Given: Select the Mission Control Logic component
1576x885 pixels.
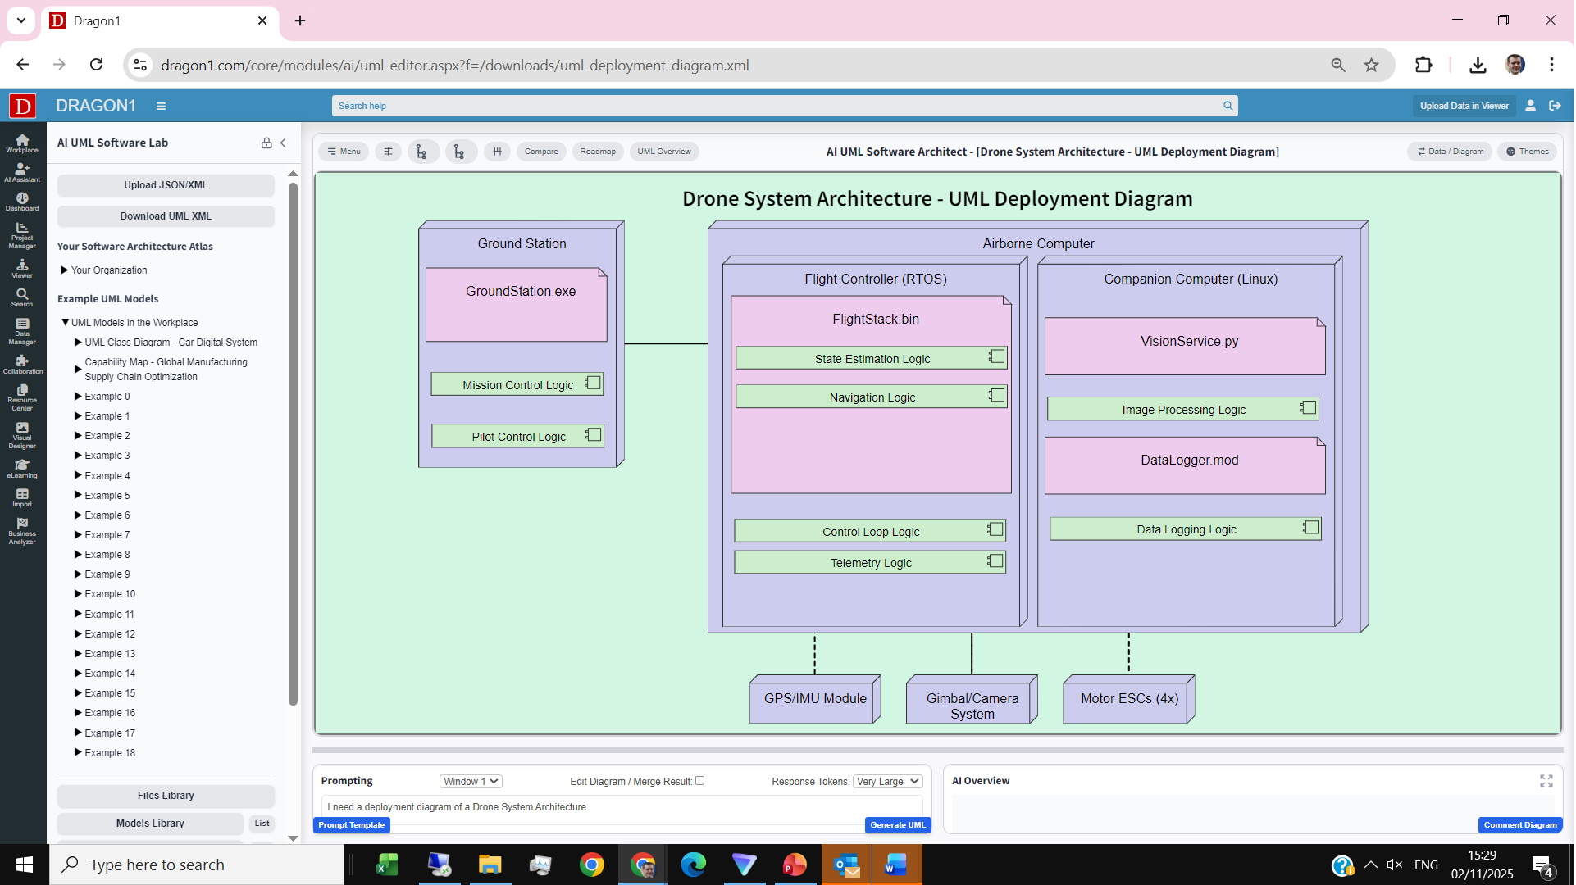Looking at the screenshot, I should coord(517,384).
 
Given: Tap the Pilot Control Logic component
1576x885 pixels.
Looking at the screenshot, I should coord(518,436).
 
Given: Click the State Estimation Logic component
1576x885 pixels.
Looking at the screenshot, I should coord(871,358).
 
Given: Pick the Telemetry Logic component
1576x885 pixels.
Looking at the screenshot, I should coord(870,562).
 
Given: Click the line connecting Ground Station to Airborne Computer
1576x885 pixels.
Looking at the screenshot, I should coord(666,343).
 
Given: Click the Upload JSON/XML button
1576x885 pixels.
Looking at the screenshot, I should coord(166,185).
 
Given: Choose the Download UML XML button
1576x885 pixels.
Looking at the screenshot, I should coord(166,216).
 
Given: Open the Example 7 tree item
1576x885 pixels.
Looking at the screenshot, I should coord(107,535).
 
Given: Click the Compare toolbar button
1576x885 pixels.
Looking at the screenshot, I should coord(541,152).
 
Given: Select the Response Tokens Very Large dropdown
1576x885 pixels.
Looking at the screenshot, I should coord(887,782).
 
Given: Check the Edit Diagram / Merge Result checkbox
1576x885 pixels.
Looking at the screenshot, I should coord(700,781).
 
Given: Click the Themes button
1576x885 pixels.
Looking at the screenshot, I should coord(1527,152).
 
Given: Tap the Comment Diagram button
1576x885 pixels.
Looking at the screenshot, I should coord(1519,825).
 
